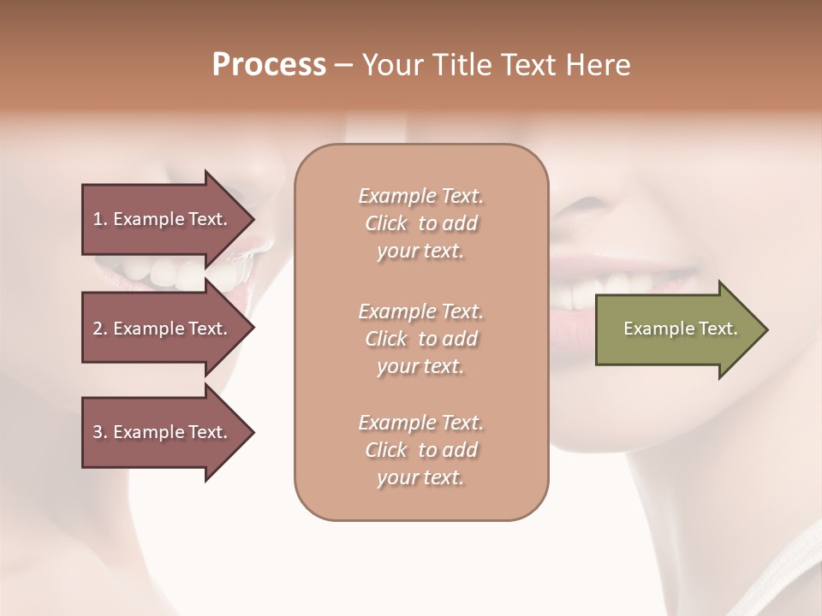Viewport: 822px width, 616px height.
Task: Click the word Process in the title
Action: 269,65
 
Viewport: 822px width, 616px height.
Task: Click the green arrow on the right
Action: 676,329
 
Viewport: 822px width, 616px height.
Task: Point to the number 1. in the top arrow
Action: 99,219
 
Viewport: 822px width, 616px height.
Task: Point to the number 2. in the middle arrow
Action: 99,329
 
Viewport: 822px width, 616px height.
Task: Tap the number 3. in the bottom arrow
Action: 99,432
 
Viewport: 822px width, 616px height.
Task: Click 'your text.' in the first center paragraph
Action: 420,252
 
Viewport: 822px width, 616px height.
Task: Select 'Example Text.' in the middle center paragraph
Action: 420,311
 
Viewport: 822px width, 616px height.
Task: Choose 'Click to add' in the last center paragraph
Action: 420,450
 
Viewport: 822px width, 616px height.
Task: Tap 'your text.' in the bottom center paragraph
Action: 420,478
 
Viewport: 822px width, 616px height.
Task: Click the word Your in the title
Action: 390,65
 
